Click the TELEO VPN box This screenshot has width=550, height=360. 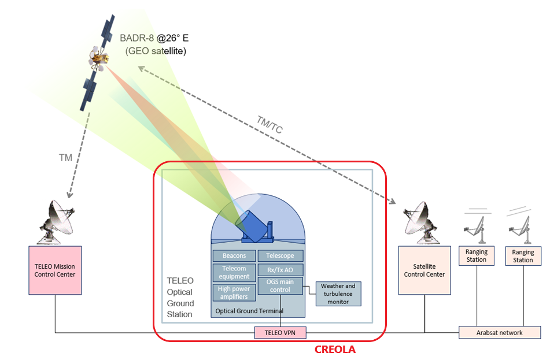click(280, 332)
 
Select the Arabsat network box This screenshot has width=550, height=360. click(500, 332)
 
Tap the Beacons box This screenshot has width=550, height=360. click(234, 255)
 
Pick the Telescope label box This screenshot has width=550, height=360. click(280, 255)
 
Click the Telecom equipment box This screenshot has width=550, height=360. click(234, 272)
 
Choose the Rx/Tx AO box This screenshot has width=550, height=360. click(280, 270)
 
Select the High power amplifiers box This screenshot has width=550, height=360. click(234, 292)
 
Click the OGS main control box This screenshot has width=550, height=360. click(280, 286)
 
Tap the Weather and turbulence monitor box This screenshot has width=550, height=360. click(338, 294)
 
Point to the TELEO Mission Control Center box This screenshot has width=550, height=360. click(55, 270)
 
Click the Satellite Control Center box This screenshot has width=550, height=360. click(424, 270)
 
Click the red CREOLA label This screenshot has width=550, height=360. click(335, 350)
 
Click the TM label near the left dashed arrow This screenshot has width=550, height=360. click(65, 157)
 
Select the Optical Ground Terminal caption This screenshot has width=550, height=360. click(249, 311)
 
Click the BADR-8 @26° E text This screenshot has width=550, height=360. click(154, 39)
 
